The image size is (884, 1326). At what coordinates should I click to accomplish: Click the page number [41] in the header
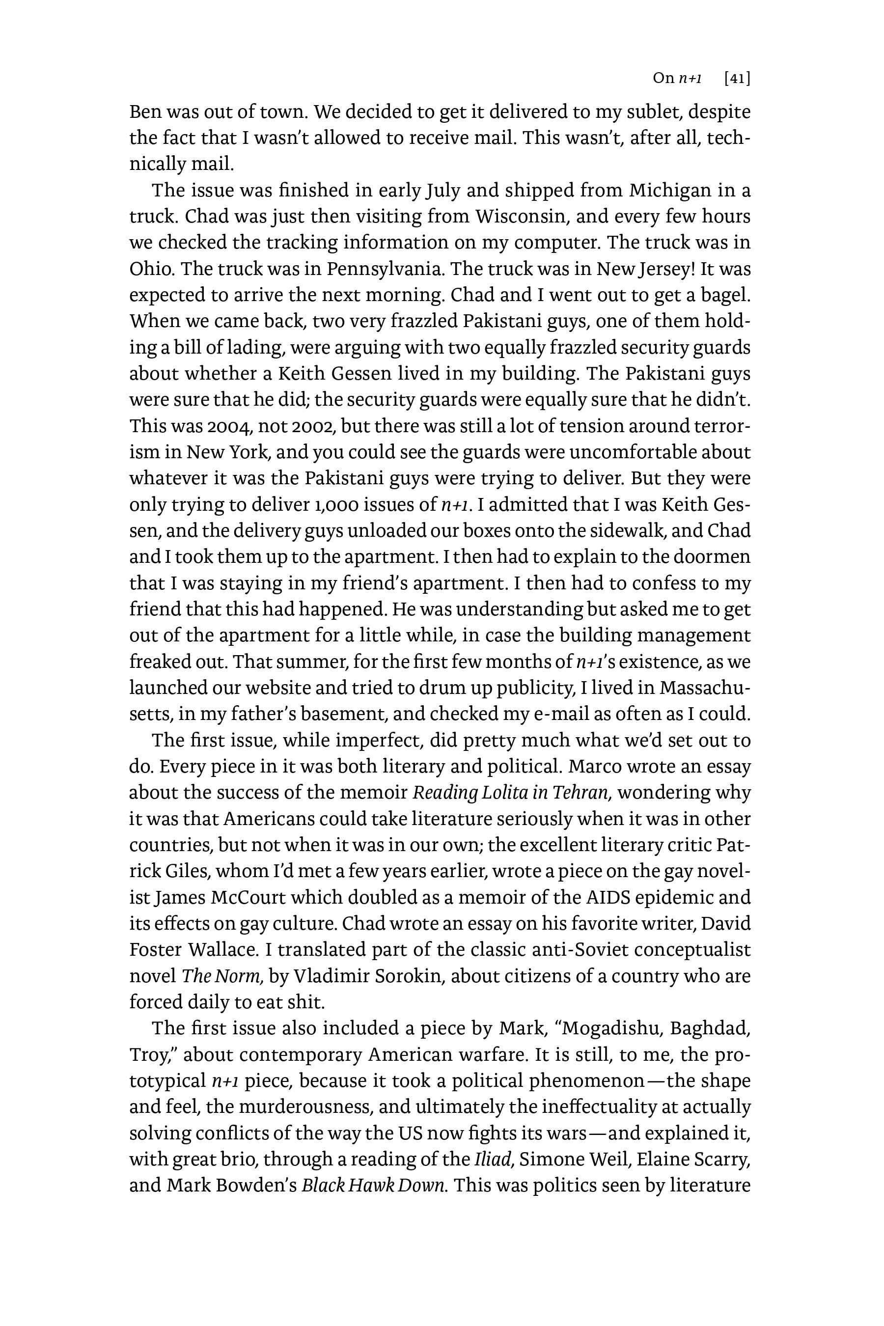pyautogui.click(x=737, y=79)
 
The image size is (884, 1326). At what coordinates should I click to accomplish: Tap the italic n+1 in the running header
pyautogui.click(x=690, y=79)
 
